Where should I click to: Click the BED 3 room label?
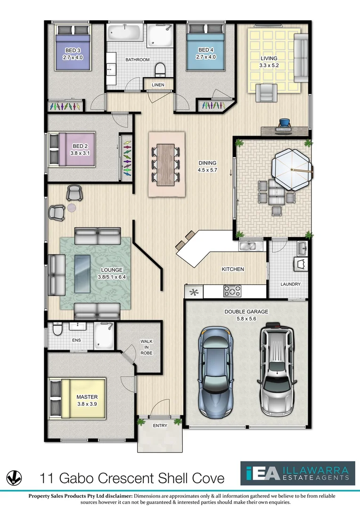tap(72, 50)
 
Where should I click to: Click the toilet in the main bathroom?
tap(160, 69)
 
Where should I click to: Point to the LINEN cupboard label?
tap(157, 85)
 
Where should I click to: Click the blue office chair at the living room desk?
tap(285, 123)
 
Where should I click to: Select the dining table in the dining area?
tap(167, 164)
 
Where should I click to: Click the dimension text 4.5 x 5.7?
tap(207, 170)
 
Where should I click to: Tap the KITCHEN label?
tap(233, 269)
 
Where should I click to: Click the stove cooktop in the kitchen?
tap(232, 291)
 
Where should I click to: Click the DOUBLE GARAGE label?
tap(246, 312)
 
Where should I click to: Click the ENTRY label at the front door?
tap(160, 426)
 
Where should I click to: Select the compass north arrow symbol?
tap(14, 478)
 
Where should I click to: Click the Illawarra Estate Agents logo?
tap(297, 473)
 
